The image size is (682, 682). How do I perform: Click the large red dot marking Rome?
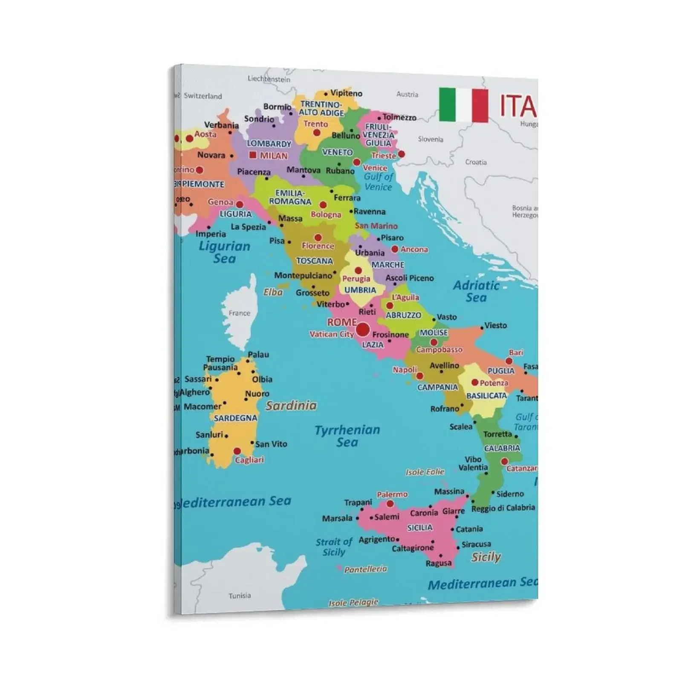[363, 329]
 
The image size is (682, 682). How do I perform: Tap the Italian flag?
[463, 105]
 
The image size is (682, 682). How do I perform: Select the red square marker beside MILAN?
[253, 155]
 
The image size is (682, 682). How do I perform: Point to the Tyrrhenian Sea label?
[347, 436]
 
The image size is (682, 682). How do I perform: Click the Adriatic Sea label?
[476, 292]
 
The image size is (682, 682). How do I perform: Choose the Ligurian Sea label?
[224, 252]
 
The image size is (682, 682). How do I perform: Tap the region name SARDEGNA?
[236, 418]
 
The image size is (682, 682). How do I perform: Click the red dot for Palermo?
[390, 503]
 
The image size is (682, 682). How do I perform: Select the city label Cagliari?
[249, 460]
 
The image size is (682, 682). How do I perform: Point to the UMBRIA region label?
[360, 290]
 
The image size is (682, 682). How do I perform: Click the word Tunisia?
[240, 595]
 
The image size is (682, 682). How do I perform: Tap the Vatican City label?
[332, 334]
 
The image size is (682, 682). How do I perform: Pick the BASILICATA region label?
[486, 396]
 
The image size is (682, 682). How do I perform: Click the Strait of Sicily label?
[334, 547]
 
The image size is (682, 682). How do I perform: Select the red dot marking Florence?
[318, 237]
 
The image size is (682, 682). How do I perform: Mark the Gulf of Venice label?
[378, 182]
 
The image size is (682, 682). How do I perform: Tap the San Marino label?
[376, 226]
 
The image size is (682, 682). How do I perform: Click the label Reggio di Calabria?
[503, 508]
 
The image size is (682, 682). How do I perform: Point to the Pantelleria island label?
[365, 569]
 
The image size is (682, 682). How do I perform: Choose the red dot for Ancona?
[395, 249]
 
